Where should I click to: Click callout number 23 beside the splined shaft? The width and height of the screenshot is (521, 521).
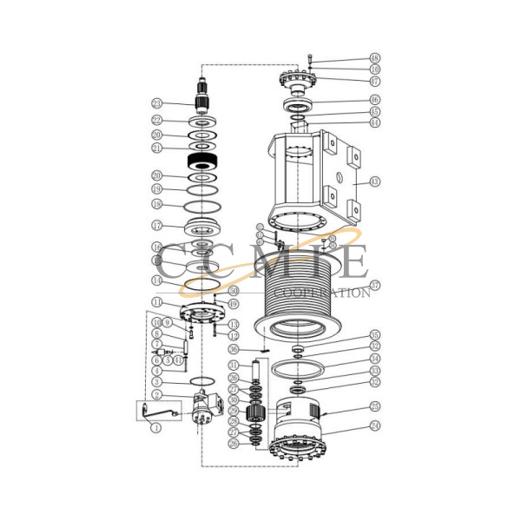[156, 102]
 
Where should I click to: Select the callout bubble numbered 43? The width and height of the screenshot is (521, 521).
[374, 182]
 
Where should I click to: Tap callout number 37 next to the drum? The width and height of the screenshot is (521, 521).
[374, 285]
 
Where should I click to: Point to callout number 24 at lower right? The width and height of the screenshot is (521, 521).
[374, 426]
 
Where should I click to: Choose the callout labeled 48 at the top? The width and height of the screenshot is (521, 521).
[374, 58]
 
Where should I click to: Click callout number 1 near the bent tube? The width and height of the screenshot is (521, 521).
[156, 427]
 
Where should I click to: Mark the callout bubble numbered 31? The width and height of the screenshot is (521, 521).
[232, 365]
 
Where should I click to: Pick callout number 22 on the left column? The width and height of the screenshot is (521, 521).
[156, 121]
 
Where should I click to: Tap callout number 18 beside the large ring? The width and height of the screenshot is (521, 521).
[156, 204]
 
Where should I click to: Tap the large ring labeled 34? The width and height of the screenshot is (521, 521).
[298, 367]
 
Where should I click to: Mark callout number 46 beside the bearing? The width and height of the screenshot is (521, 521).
[374, 100]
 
